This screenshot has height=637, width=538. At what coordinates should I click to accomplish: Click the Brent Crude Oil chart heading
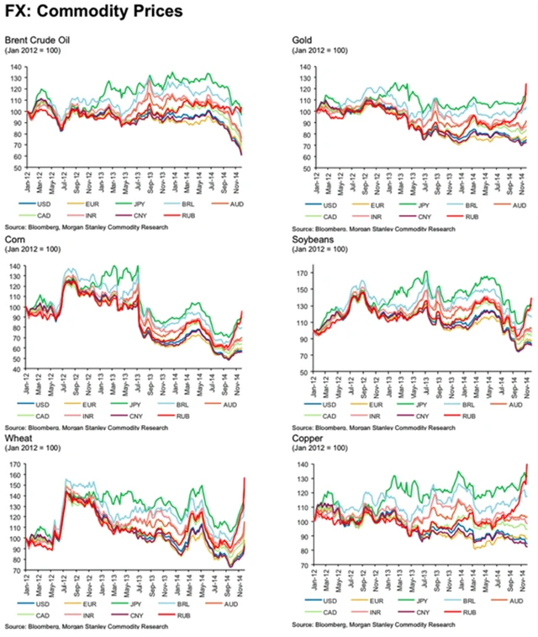[x=38, y=40]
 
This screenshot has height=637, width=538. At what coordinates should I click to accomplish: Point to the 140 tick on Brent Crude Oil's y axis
[x=17, y=66]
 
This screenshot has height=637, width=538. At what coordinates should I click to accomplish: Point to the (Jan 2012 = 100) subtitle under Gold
[x=320, y=50]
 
